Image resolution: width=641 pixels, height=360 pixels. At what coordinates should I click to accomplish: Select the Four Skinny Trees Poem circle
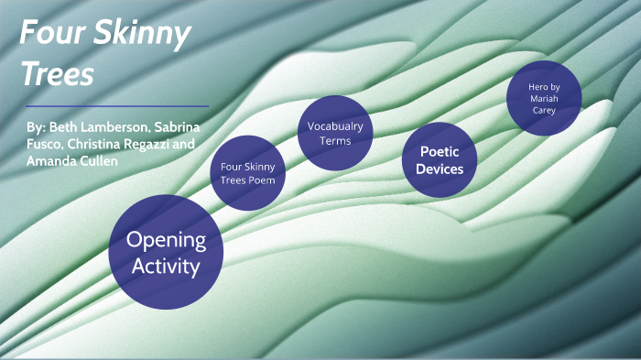(248, 172)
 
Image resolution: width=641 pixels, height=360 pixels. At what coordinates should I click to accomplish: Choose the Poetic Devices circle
(440, 160)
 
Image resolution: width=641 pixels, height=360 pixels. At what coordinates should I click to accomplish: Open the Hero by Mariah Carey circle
(544, 98)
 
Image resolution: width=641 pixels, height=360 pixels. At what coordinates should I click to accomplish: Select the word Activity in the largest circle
(166, 267)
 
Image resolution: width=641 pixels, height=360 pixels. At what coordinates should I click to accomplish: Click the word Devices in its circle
(440, 169)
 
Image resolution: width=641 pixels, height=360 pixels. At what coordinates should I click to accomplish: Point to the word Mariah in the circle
(544, 98)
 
